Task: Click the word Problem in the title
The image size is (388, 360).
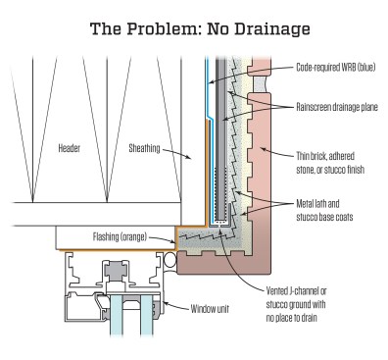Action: (162, 28)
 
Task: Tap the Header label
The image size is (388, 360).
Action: (69, 148)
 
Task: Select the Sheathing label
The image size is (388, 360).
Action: (144, 148)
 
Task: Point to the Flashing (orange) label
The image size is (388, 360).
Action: (120, 236)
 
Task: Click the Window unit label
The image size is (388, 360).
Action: (210, 308)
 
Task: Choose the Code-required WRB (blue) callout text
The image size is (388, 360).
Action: (336, 68)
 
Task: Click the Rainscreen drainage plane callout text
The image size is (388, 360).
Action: (337, 107)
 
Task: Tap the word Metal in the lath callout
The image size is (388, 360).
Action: (306, 204)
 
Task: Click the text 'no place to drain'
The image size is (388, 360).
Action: (291, 318)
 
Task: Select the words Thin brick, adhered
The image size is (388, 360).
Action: (325, 156)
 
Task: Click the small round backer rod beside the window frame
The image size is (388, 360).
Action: (170, 260)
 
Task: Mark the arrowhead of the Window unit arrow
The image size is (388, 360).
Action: (165, 303)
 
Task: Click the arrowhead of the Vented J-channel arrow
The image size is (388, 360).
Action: (221, 231)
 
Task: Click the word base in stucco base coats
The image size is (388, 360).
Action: (330, 217)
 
